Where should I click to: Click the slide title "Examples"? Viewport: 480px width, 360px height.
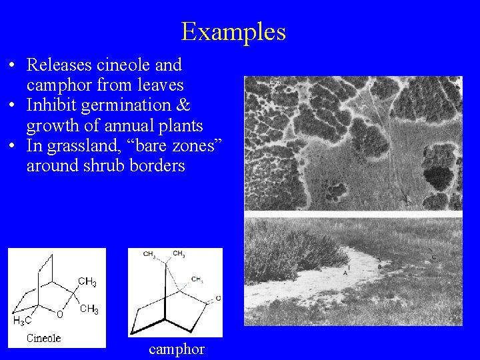[233, 31]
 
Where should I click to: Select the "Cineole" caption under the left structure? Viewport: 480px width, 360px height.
[43, 338]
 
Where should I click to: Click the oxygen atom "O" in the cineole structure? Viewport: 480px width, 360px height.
[60, 314]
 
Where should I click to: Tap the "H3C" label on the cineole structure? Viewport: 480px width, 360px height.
[23, 321]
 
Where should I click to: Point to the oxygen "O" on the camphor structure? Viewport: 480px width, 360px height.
[218, 298]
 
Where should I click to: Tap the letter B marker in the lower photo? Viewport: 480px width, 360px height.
[379, 266]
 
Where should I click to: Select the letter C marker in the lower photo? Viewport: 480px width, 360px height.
[433, 257]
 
